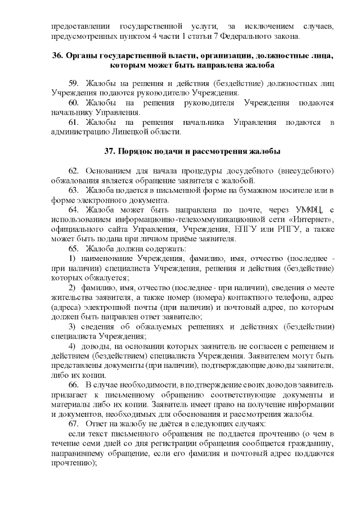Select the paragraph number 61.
(x=74, y=122)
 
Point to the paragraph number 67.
(x=74, y=423)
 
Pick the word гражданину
(x=312, y=443)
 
